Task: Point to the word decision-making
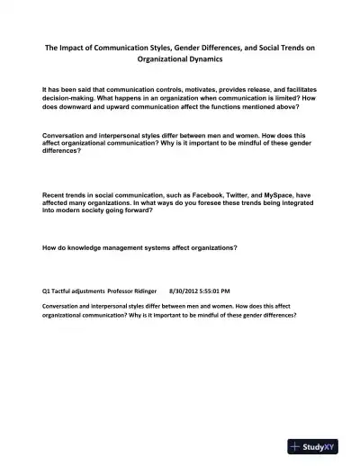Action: point(74,100)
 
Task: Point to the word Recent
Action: point(56,194)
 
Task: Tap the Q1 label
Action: point(48,291)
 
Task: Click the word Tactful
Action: point(68,291)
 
